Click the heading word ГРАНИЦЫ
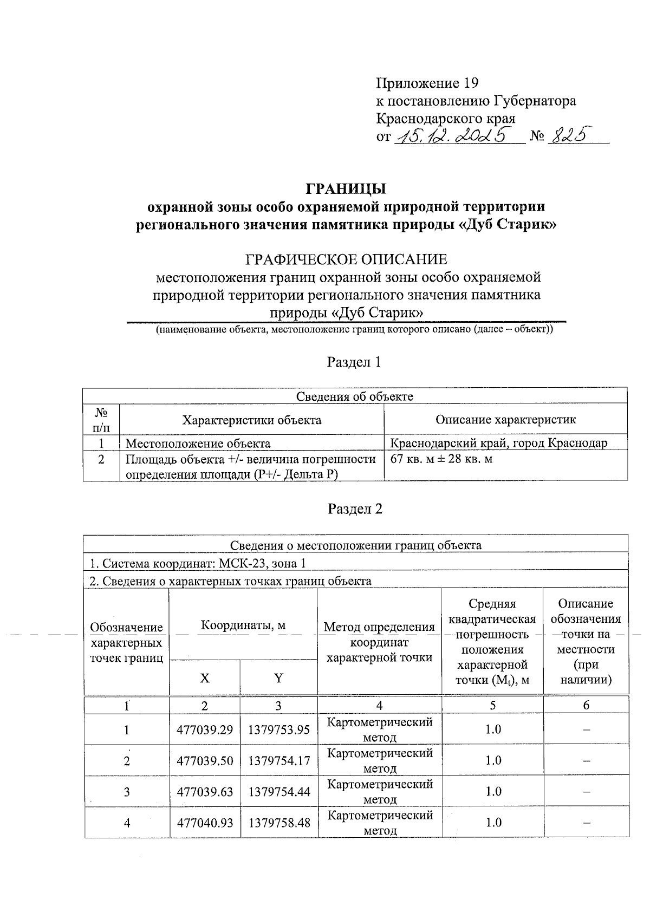[346, 188]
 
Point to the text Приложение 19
[427, 83]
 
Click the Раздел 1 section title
[354, 362]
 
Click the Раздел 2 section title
[355, 509]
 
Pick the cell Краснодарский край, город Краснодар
[499, 443]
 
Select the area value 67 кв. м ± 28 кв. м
[441, 459]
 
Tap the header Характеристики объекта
[251, 420]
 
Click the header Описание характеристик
[505, 420]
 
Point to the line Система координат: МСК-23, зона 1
[197, 563]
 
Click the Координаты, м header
[243, 625]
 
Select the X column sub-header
[204, 677]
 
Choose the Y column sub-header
[278, 677]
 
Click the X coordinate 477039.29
[205, 729]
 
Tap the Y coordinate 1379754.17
[279, 760]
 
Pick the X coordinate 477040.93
[205, 823]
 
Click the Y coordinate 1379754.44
[279, 791]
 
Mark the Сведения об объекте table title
[354, 396]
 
